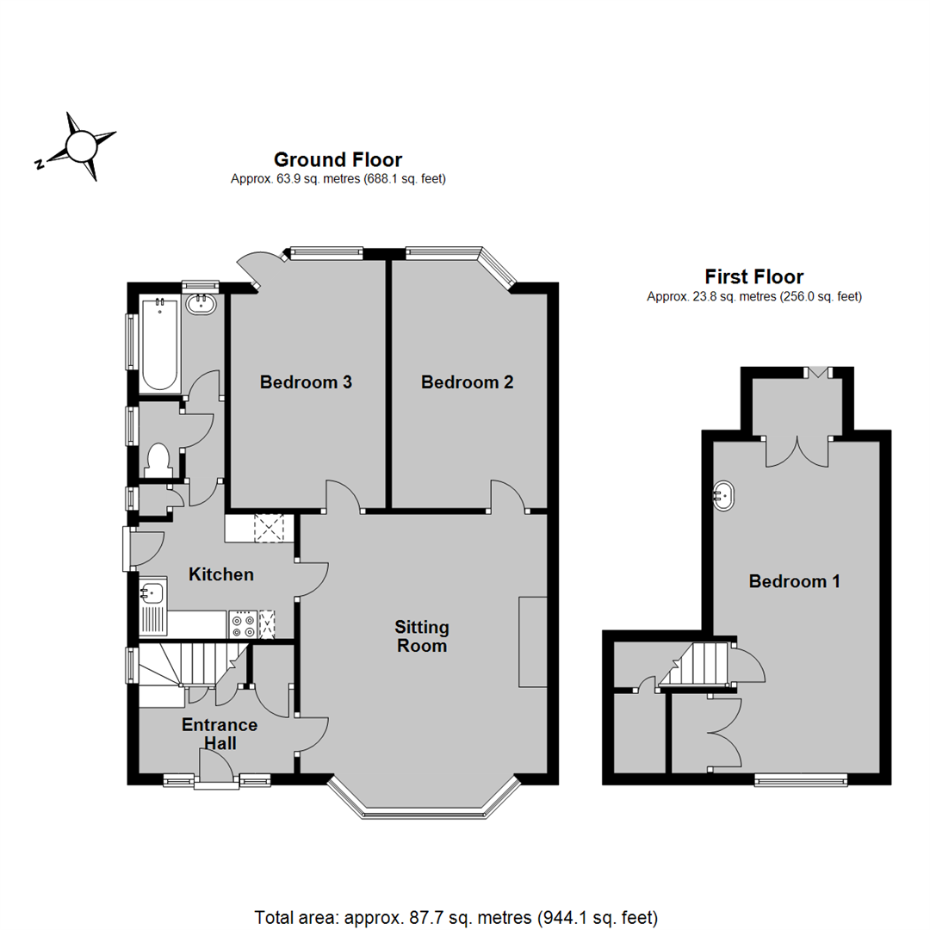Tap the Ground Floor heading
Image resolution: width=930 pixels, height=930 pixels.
click(x=338, y=159)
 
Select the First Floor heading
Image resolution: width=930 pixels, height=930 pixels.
click(x=753, y=276)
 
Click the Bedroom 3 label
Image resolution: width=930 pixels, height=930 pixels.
click(x=306, y=382)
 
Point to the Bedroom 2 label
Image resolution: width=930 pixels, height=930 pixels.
click(x=468, y=382)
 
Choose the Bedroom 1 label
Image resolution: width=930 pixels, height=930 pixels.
click(x=794, y=580)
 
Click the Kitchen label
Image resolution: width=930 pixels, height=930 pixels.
click(x=221, y=574)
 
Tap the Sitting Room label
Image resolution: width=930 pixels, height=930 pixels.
click(x=422, y=636)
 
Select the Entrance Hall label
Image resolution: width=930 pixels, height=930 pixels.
click(x=220, y=734)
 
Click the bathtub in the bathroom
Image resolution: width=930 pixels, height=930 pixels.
click(x=159, y=344)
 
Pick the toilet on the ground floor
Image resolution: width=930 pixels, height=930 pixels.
click(x=158, y=460)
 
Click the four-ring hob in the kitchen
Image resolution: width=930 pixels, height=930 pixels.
click(x=243, y=624)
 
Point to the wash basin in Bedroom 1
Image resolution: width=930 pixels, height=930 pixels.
click(x=723, y=495)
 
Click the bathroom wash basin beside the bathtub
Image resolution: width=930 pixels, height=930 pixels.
click(x=201, y=305)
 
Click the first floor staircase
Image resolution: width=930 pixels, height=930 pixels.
click(x=695, y=664)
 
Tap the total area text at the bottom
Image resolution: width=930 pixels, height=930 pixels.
click(x=456, y=918)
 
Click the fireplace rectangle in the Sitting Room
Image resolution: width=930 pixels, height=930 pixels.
click(x=533, y=642)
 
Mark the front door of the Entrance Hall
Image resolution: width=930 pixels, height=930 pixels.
click(x=216, y=768)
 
